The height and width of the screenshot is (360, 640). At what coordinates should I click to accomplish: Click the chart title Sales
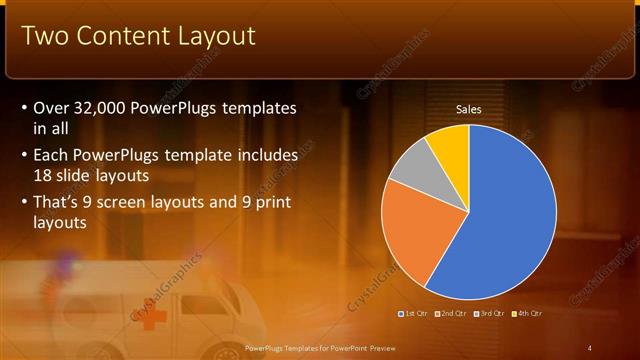coord(469,109)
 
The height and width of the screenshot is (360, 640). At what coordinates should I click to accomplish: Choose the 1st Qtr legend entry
coord(415,313)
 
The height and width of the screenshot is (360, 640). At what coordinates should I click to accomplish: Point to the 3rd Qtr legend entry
coord(491,313)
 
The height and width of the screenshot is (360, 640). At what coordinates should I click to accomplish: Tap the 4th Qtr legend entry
coord(528,313)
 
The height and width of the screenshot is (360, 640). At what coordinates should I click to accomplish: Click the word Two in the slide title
coord(44,37)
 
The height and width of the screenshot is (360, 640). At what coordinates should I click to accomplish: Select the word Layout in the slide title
coord(216,37)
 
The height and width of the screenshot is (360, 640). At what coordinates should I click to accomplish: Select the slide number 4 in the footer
coord(590,347)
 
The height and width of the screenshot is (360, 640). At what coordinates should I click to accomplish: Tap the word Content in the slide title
coord(120,37)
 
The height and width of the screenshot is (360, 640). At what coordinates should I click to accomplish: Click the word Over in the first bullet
coord(51,108)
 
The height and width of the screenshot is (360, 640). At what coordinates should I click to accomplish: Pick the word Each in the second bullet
coord(51,156)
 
